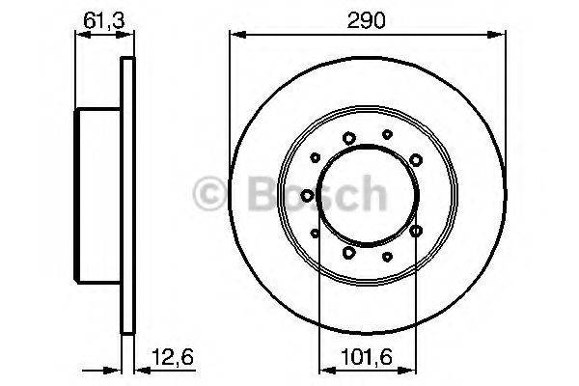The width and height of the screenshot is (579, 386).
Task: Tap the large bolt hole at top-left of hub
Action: click(x=347, y=138)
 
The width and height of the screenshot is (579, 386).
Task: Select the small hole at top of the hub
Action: click(x=387, y=134)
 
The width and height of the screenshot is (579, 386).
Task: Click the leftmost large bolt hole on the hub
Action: click(x=307, y=195)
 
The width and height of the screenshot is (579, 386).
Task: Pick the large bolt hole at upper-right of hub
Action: click(x=415, y=158)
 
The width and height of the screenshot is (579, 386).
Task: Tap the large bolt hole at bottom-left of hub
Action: click(x=347, y=253)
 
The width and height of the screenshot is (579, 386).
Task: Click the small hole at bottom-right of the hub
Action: click(x=387, y=257)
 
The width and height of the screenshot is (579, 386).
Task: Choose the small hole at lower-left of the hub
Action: click(x=316, y=232)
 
